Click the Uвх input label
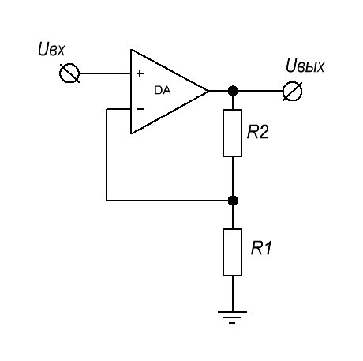click(51, 49)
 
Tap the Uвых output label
click(305, 66)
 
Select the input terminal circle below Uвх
click(69, 73)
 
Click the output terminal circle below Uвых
click(292, 91)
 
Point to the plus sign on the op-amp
click(140, 73)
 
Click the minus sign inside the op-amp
click(140, 109)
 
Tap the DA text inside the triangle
click(163, 90)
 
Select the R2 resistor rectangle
click(232, 133)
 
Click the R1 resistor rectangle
click(232, 252)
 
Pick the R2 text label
click(258, 132)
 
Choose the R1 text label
click(261, 248)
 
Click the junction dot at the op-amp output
click(233, 91)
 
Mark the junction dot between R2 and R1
click(233, 201)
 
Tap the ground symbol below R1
click(232, 317)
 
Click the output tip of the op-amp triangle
click(209, 91)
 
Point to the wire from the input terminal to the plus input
click(105, 73)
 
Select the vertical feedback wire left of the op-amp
click(107, 155)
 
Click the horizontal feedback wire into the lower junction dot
click(167, 201)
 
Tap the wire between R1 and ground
click(232, 294)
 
